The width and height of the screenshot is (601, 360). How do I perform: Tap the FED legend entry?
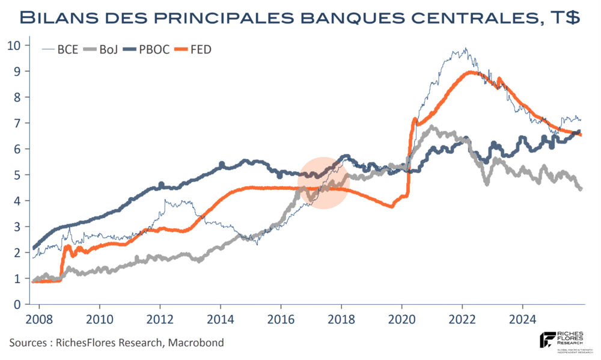pos(201,50)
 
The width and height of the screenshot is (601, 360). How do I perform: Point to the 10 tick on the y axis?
pos(14,45)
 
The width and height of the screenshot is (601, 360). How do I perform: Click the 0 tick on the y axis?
pos(17,305)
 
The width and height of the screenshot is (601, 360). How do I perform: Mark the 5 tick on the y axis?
pos(17,175)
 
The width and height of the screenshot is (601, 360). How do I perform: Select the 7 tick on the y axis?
pos(17,123)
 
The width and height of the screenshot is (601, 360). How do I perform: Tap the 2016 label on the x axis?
pos(281,318)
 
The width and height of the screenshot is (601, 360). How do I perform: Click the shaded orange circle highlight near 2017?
pos(324,183)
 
